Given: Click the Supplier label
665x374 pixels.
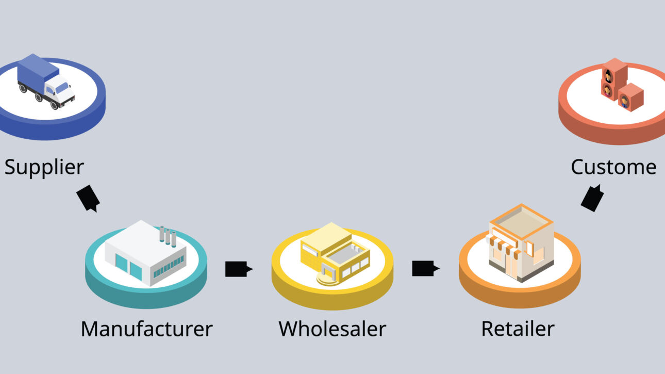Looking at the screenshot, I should point(44,167).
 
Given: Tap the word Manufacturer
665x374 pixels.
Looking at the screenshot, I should point(146,329).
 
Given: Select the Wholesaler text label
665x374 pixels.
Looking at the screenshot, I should point(332,329).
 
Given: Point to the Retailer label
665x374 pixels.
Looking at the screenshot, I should point(518,329).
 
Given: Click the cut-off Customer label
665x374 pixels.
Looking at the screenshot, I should point(613,167).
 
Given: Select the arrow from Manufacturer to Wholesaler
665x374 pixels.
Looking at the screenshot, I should point(238,269).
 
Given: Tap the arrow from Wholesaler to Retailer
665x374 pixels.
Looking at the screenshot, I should point(425,268).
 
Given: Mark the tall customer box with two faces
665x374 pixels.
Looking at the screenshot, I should point(614,79).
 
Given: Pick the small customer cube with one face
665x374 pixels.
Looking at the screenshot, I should point(630,97).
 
